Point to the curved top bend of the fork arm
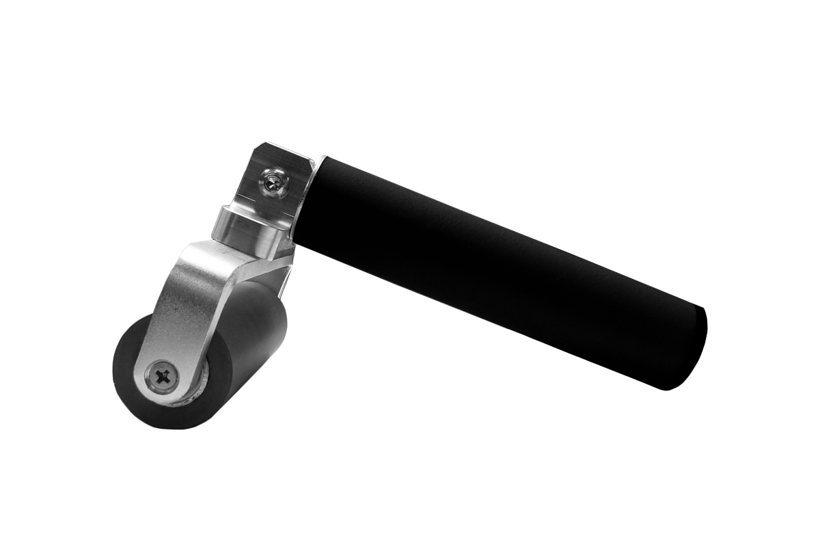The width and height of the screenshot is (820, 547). coord(205,253)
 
